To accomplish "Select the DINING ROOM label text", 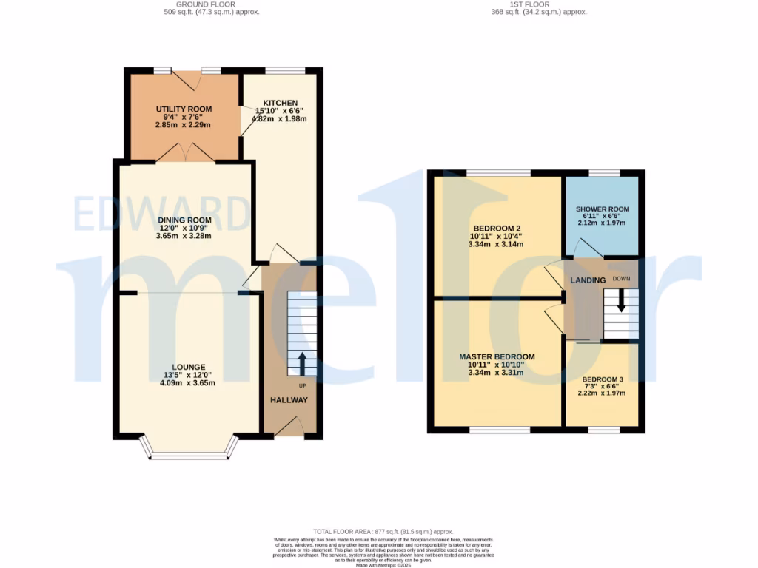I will [x=184, y=220].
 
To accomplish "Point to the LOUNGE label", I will [x=188, y=367].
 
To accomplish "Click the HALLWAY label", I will [x=288, y=400].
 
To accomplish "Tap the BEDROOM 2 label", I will [x=495, y=228].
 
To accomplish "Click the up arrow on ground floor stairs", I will [x=302, y=364].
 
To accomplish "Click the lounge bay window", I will [x=189, y=454].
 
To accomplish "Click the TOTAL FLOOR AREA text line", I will [x=383, y=532].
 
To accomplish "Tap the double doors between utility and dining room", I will [x=183, y=152].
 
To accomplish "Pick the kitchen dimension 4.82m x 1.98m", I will [x=279, y=118].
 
